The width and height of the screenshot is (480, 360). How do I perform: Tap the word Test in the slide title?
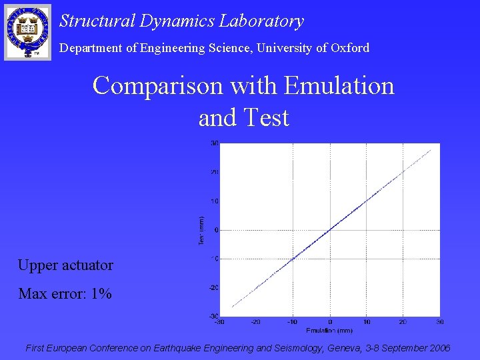pos(267,117)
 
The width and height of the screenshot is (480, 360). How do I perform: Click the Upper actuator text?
pos(65,265)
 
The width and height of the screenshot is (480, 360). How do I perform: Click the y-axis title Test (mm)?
pos(201,229)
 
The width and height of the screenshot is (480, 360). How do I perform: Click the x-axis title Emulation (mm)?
pos(329,330)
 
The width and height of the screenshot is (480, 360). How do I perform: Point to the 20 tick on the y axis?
pos(215,172)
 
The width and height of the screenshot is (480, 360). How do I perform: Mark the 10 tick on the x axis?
pos(367,322)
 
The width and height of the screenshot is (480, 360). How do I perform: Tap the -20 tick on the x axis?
pos(255,322)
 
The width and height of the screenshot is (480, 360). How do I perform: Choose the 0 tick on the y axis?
pos(217,230)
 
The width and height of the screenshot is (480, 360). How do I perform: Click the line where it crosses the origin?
pos(330,230)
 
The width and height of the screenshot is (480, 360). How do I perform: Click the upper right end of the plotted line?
pos(431,150)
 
